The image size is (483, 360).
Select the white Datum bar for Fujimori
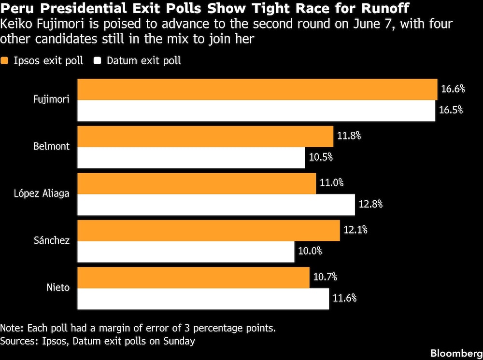(x=256, y=111)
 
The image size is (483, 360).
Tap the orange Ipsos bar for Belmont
(x=205, y=136)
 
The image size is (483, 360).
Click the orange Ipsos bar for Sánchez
(x=208, y=231)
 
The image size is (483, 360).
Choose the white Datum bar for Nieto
(x=203, y=298)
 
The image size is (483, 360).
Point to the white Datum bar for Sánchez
(x=186, y=251)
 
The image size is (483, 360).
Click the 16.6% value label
(x=453, y=89)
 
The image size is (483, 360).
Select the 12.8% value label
(x=370, y=204)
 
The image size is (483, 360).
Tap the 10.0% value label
(x=310, y=251)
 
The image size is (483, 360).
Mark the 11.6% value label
(x=344, y=298)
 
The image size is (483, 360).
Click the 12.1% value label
(x=355, y=230)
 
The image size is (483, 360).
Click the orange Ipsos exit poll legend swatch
(x=5, y=61)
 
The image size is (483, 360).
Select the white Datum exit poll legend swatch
(x=98, y=61)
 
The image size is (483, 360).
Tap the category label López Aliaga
(x=42, y=194)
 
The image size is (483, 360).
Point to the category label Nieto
(x=58, y=288)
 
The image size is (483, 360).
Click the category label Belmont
(x=52, y=147)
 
